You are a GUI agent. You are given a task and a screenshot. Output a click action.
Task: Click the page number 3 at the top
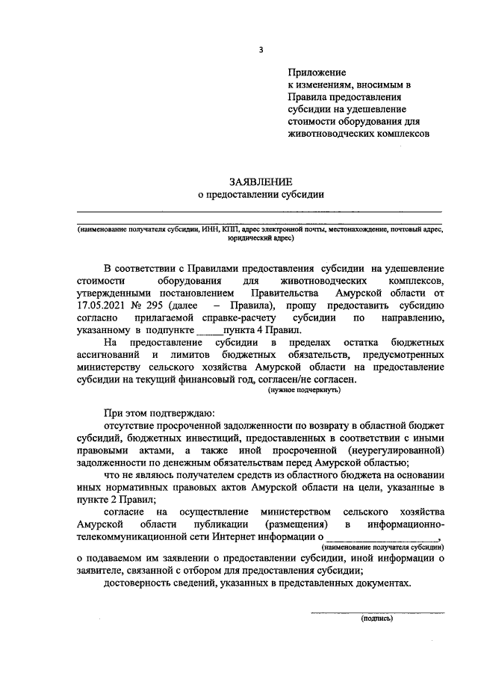[x=261, y=50]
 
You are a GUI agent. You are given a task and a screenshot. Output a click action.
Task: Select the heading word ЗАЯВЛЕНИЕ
[x=261, y=182]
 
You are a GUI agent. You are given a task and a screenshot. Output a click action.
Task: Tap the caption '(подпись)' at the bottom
[x=378, y=618]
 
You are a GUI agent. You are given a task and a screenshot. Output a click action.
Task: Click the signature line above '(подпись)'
[x=378, y=612]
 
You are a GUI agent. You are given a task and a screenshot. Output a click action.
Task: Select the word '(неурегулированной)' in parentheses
[x=396, y=450]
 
